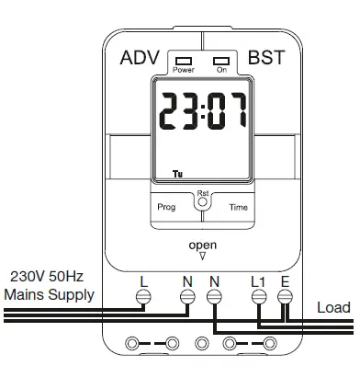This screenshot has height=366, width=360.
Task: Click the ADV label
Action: point(141,58)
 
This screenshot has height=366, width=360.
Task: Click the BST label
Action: point(266,58)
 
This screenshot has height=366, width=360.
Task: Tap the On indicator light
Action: point(221,62)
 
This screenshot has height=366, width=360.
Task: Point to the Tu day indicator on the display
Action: point(177,172)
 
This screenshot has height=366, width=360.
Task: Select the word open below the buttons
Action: point(202,246)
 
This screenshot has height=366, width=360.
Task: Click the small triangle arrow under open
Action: point(202,258)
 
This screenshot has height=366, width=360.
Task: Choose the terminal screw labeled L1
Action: point(258,296)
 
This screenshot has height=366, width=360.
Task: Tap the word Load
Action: point(333,307)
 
